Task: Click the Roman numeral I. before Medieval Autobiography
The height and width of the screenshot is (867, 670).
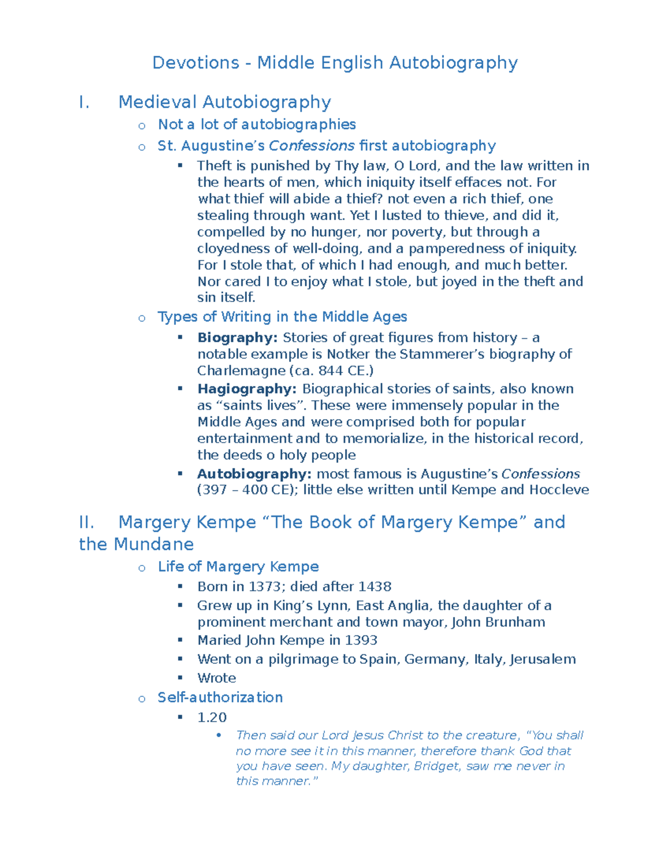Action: click(84, 102)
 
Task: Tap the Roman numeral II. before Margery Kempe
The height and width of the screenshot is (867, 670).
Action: click(87, 522)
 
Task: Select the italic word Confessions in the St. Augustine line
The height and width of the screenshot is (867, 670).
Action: click(312, 146)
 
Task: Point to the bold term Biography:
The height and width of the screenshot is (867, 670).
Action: click(237, 338)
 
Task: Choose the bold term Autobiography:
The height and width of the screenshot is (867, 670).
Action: click(254, 474)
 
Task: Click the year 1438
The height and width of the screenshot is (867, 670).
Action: click(375, 587)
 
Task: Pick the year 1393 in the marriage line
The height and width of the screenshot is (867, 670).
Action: click(361, 640)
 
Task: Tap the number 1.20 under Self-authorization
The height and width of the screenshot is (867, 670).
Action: click(212, 717)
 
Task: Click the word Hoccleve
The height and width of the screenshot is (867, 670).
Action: click(559, 490)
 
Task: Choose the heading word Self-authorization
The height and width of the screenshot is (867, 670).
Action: click(220, 697)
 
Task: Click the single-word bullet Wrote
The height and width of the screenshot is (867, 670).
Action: click(217, 678)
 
